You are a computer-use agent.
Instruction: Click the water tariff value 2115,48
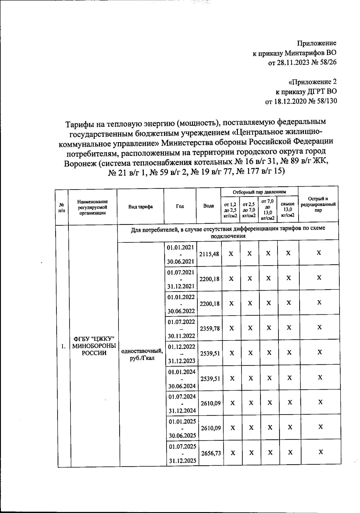coord(209,254)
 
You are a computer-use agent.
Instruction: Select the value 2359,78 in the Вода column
coord(210,328)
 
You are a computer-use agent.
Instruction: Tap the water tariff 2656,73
coord(211,453)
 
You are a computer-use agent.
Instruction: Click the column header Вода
coord(208,206)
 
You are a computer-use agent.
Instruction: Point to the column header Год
coord(180,206)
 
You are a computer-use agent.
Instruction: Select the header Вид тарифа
coord(140,206)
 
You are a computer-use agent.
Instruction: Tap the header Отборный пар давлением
coord(259,192)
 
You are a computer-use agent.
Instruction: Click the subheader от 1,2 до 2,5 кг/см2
coord(230,210)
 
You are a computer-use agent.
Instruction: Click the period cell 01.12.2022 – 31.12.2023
coord(181,354)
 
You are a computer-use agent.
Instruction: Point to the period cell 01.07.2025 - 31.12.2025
coord(182,453)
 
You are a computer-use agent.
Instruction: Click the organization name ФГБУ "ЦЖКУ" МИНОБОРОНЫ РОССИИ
coord(94,346)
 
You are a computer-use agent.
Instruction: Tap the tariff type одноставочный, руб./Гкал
coord(142,354)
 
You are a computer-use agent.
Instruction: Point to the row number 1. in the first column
coord(63,346)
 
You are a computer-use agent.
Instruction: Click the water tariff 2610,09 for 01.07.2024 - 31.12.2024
coord(211,403)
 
